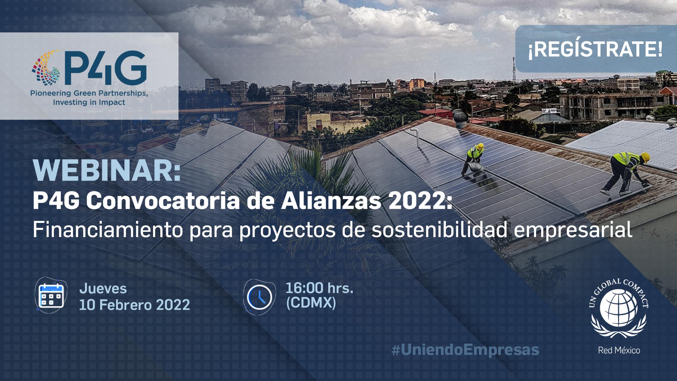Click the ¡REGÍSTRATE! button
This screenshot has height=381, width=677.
pos(596,49)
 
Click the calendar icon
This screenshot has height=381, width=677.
pos(51,295)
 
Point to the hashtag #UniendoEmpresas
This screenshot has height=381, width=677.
pos(465,350)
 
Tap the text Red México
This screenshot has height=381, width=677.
pos(619,350)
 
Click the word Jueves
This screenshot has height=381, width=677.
pos(103,288)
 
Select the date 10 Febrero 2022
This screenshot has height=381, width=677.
pos(135,305)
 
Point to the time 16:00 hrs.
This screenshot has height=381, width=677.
pos(319,288)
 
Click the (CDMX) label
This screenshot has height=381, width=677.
pos(311,302)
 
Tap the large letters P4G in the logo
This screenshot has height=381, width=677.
pos(105,68)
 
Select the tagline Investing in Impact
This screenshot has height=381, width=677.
pos(89,102)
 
